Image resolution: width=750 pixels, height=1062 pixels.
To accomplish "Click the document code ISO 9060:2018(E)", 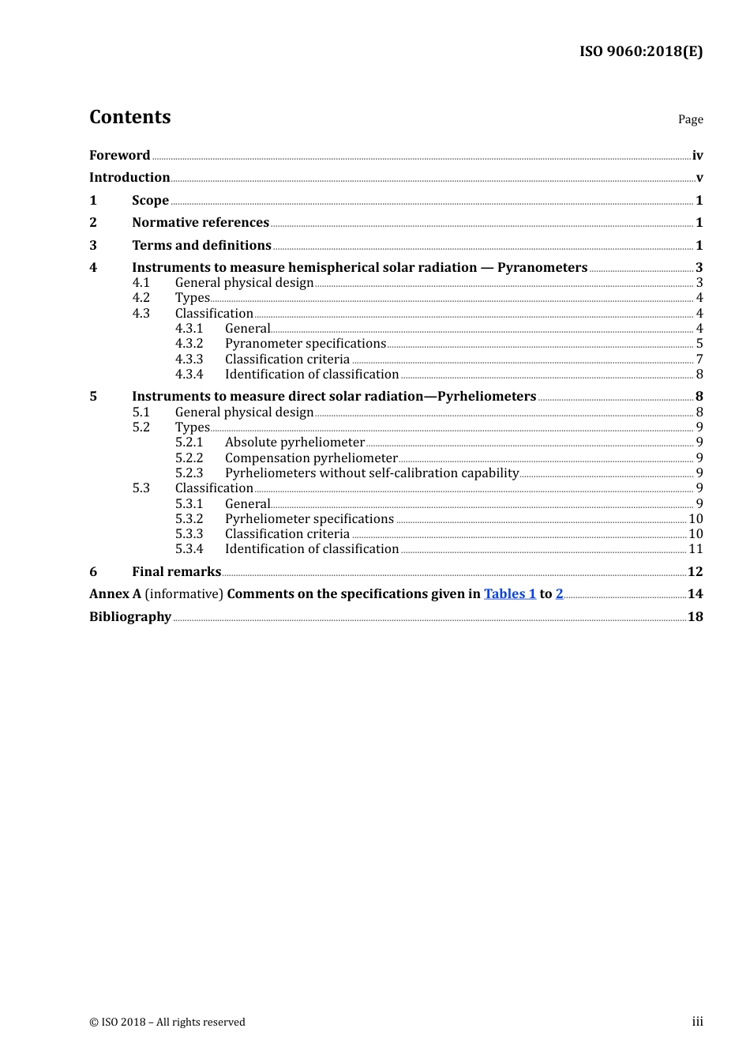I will [x=640, y=51].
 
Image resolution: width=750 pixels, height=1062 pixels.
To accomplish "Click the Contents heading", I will [x=129, y=117].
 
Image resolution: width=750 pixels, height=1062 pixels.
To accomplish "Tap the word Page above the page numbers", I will [x=690, y=119].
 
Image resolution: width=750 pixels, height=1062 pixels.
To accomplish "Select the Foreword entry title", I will [x=119, y=156].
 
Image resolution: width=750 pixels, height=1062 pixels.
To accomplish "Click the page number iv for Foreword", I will [x=697, y=156].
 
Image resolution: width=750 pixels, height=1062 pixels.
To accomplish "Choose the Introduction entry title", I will [x=129, y=178].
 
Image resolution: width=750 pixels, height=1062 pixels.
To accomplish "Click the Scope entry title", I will [x=150, y=201].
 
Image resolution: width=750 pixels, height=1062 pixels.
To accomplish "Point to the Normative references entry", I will [x=201, y=223].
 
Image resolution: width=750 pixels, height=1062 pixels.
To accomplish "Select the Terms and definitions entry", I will [x=201, y=246].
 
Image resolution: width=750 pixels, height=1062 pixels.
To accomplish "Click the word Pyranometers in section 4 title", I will [x=542, y=268].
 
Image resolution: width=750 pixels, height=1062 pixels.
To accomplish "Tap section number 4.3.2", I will [x=189, y=344].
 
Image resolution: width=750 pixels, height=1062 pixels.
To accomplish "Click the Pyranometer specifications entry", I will [x=305, y=344].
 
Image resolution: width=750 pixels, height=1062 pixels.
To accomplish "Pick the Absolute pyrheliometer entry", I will [x=294, y=442].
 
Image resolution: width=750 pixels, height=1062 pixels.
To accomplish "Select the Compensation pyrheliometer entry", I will [x=311, y=458].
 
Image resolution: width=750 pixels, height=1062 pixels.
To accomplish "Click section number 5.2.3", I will [x=189, y=473].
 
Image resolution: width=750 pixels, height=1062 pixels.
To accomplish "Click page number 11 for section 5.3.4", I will [x=696, y=549].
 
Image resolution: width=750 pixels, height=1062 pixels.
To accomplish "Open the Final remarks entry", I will [x=176, y=572].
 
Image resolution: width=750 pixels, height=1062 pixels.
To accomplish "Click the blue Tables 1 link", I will [x=510, y=594].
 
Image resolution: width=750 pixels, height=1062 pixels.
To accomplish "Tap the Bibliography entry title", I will [x=130, y=617].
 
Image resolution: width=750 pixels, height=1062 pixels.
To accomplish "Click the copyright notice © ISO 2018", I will [x=167, y=1022].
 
